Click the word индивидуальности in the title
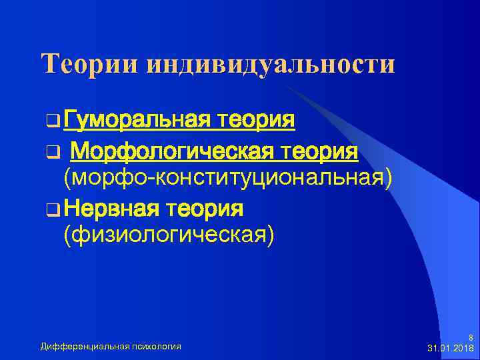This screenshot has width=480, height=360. click(x=270, y=64)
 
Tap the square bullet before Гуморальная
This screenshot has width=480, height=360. click(x=52, y=122)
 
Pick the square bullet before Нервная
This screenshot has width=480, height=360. click(x=52, y=211)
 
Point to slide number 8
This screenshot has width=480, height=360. click(x=471, y=337)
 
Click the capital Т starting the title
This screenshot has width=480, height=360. click(x=51, y=64)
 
